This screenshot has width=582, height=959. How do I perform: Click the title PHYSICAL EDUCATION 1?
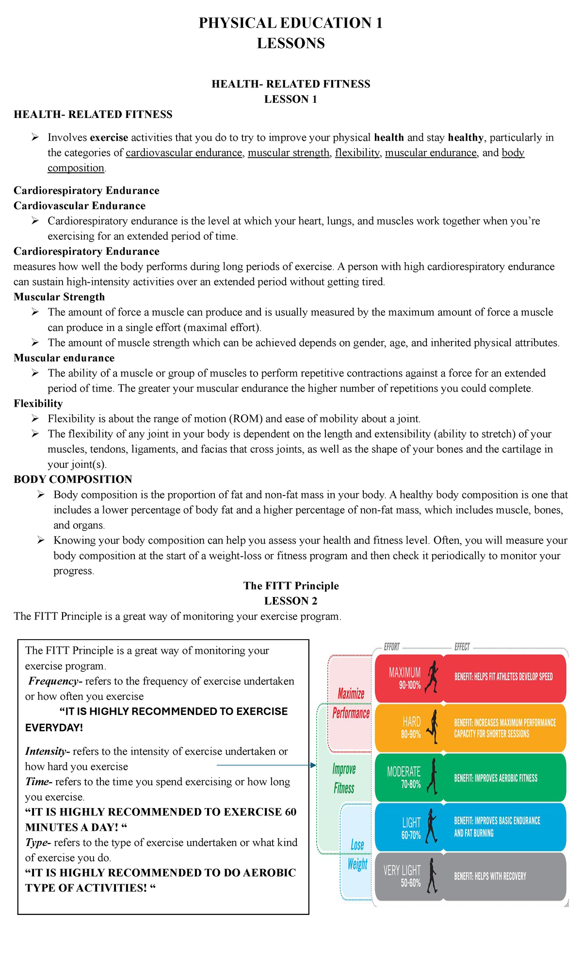click(x=291, y=23)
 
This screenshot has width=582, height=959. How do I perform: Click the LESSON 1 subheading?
click(x=291, y=99)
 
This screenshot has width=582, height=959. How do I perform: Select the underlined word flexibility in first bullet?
click(x=357, y=153)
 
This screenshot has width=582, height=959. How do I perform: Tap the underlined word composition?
click(x=76, y=168)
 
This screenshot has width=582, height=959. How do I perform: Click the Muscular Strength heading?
click(x=59, y=297)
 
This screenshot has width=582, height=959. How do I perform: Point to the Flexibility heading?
click(x=38, y=403)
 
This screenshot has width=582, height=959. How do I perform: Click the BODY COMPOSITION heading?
click(x=73, y=479)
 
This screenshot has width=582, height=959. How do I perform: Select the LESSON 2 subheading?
click(x=291, y=601)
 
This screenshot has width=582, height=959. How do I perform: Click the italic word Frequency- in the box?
click(x=55, y=681)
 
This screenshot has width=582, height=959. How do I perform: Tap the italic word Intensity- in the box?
click(x=48, y=751)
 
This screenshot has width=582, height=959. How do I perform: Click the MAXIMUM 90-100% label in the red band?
click(x=405, y=678)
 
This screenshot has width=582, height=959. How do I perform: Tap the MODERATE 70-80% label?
click(x=404, y=777)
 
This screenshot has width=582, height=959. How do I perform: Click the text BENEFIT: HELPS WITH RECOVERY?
click(x=490, y=876)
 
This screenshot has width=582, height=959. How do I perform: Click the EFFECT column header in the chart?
click(x=462, y=647)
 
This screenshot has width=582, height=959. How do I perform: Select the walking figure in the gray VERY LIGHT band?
click(x=431, y=876)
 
